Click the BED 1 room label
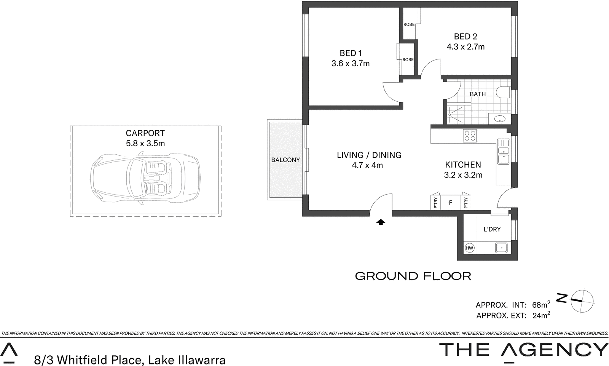click(351, 53)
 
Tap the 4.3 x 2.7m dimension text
click(466, 47)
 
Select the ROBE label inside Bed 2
click(409, 24)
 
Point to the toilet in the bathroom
click(505, 93)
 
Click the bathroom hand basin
click(500, 119)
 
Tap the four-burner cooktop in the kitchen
click(470, 136)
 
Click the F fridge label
click(450, 203)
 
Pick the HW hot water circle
click(469, 248)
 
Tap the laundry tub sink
click(501, 248)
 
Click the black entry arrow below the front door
click(381, 222)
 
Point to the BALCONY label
click(285, 160)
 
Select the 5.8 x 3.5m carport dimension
click(145, 144)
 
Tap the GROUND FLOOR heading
click(413, 276)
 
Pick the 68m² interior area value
click(541, 305)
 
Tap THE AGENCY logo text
click(523, 350)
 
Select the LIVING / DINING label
click(369, 155)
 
